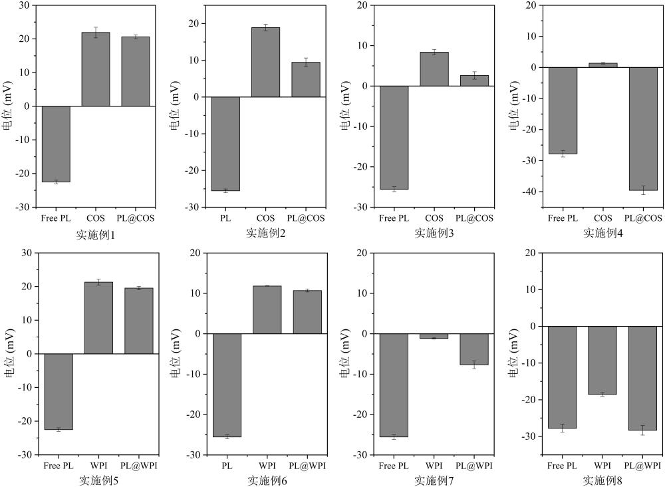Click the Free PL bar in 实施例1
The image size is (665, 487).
[56, 144]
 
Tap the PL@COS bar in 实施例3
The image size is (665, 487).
[474, 81]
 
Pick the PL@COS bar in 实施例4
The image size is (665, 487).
[643, 129]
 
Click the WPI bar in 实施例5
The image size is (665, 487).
[98, 318]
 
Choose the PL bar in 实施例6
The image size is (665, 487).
[227, 385]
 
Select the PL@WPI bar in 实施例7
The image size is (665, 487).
[474, 349]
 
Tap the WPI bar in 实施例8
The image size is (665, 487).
[602, 360]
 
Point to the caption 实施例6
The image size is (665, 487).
[267, 480]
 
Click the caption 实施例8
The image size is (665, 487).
[602, 480]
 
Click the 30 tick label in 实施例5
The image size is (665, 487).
[27, 253]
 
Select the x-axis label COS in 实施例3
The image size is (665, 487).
[434, 218]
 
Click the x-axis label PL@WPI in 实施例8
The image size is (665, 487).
[643, 466]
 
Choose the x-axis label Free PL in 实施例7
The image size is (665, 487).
[393, 466]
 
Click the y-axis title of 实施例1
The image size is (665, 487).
[9, 106]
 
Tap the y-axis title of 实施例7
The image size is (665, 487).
[345, 353]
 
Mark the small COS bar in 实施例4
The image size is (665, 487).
[602, 65]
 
